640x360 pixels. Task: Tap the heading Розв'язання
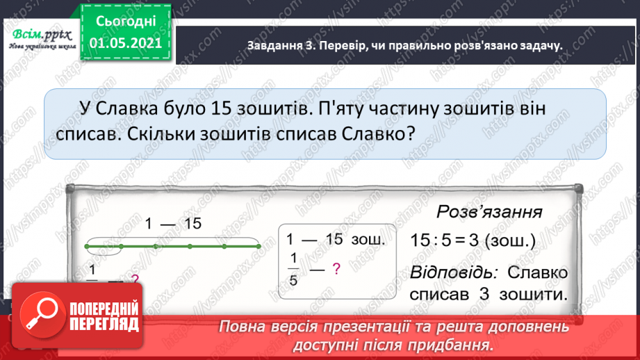(489, 211)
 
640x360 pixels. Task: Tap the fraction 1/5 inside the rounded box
(292, 270)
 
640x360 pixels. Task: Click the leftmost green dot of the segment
(87, 246)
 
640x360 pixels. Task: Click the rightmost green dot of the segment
(258, 246)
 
